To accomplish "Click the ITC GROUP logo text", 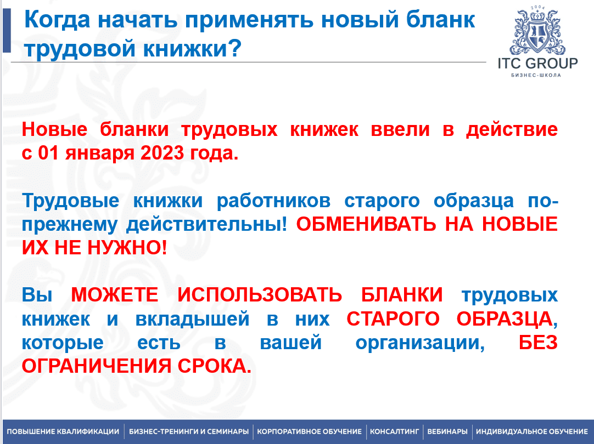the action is coord(537,63).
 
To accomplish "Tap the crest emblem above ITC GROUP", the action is coord(537,31).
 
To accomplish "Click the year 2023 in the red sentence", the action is coord(162,153).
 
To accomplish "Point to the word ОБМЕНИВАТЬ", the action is coord(366,224).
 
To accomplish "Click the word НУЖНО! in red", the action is coord(127,248).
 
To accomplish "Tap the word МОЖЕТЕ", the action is coord(114,295).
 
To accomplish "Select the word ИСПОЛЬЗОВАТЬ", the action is coord(260,295).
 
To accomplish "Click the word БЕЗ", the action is coord(538,343).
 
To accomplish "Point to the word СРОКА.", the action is coord(215,366).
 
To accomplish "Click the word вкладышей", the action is coord(193,319).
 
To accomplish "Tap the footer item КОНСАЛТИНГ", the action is coord(394,431).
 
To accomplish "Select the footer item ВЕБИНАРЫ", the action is coord(447,431).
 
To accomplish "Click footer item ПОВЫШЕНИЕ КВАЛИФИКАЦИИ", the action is coord(63,431).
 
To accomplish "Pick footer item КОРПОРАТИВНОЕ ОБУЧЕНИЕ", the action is coord(310,431).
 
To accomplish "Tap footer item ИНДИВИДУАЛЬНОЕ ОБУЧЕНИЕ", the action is coord(532,431).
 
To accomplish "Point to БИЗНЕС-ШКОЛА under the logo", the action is coord(536,75).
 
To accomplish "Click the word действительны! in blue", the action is coord(207,225).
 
